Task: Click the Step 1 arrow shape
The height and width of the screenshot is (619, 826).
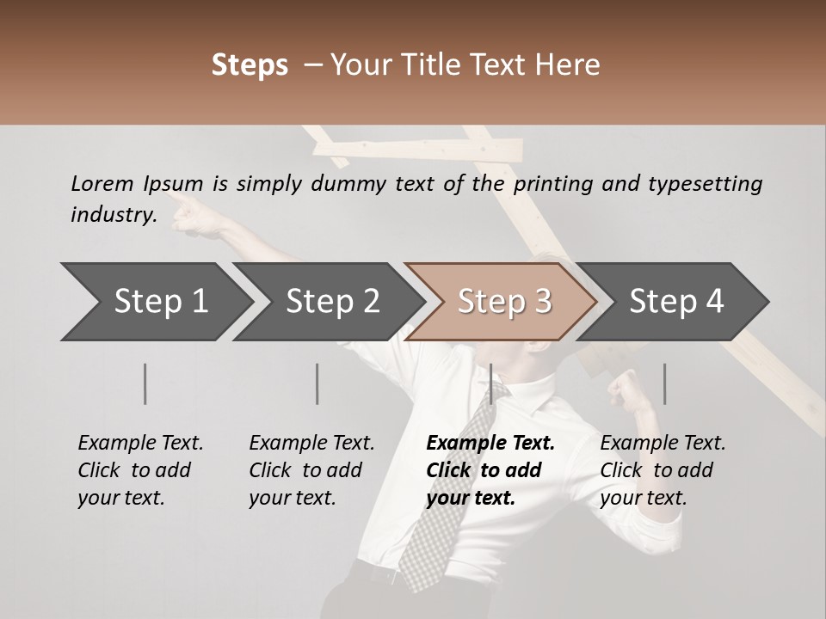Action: [155, 302]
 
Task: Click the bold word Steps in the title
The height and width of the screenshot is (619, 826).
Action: [250, 65]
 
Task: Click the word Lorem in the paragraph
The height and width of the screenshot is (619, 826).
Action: [102, 183]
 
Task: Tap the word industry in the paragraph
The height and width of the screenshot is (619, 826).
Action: [113, 214]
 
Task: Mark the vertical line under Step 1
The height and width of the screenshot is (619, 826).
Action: [145, 383]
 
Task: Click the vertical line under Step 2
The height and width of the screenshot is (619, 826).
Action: [317, 383]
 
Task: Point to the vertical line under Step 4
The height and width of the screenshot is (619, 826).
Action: [664, 383]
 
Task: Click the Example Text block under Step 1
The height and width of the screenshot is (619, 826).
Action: [140, 470]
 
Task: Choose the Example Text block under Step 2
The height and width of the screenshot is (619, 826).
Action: [311, 470]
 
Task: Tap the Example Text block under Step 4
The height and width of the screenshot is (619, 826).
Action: [663, 470]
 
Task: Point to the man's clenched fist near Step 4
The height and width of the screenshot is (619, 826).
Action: [624, 392]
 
